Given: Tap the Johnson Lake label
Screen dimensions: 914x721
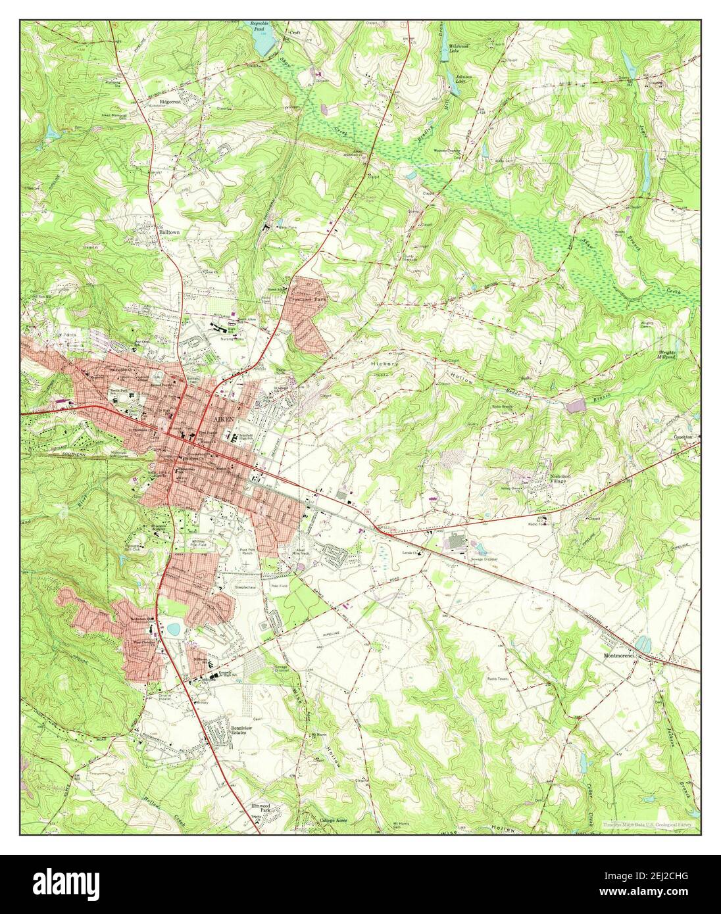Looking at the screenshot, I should click(465, 80).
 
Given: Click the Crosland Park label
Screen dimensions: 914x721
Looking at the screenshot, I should click(308, 297).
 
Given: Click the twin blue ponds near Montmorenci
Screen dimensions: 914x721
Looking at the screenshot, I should click(642, 642).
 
